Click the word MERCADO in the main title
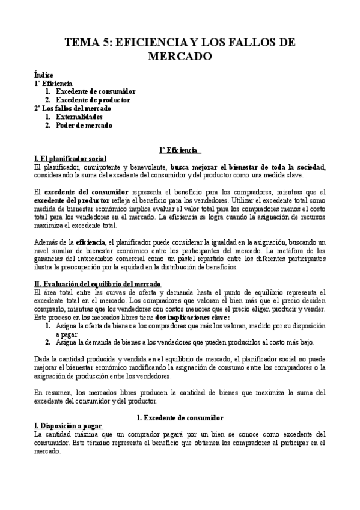(x=180, y=57)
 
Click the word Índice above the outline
(x=44, y=75)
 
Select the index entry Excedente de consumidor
(x=95, y=91)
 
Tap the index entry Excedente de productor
(x=93, y=99)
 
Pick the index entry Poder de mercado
(x=84, y=125)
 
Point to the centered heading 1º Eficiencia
(x=180, y=150)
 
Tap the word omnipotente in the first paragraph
(x=96, y=167)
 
